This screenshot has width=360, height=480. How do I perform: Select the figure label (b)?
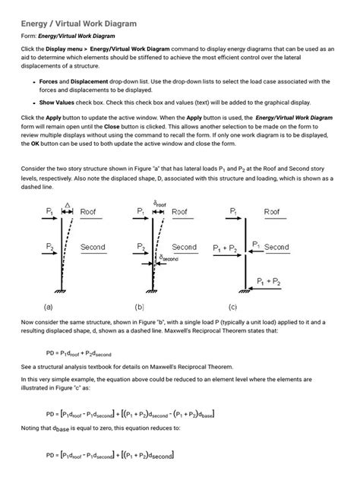click(140, 308)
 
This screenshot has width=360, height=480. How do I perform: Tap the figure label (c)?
click(233, 308)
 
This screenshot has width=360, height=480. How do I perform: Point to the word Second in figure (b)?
click(184, 247)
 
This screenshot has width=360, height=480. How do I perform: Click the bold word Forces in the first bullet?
click(52, 81)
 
